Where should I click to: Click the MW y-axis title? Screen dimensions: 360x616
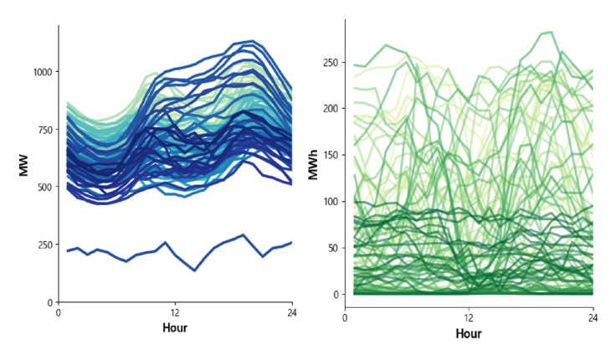[x=24, y=164]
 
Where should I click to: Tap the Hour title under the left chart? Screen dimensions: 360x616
[x=174, y=328]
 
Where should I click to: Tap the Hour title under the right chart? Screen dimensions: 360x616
[x=469, y=333]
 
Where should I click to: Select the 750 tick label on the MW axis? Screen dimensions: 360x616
[x=43, y=130]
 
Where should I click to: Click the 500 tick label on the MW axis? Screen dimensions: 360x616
[x=43, y=187]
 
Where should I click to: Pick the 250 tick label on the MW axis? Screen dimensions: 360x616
[x=43, y=244]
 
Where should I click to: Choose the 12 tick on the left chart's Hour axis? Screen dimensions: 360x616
[x=174, y=312]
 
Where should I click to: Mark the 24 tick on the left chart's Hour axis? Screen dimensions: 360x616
[x=291, y=312]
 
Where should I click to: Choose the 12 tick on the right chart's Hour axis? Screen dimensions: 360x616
[x=469, y=318]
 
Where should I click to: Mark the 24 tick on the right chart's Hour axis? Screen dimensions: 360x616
[x=593, y=318]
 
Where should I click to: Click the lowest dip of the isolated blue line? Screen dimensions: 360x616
[x=194, y=270]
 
